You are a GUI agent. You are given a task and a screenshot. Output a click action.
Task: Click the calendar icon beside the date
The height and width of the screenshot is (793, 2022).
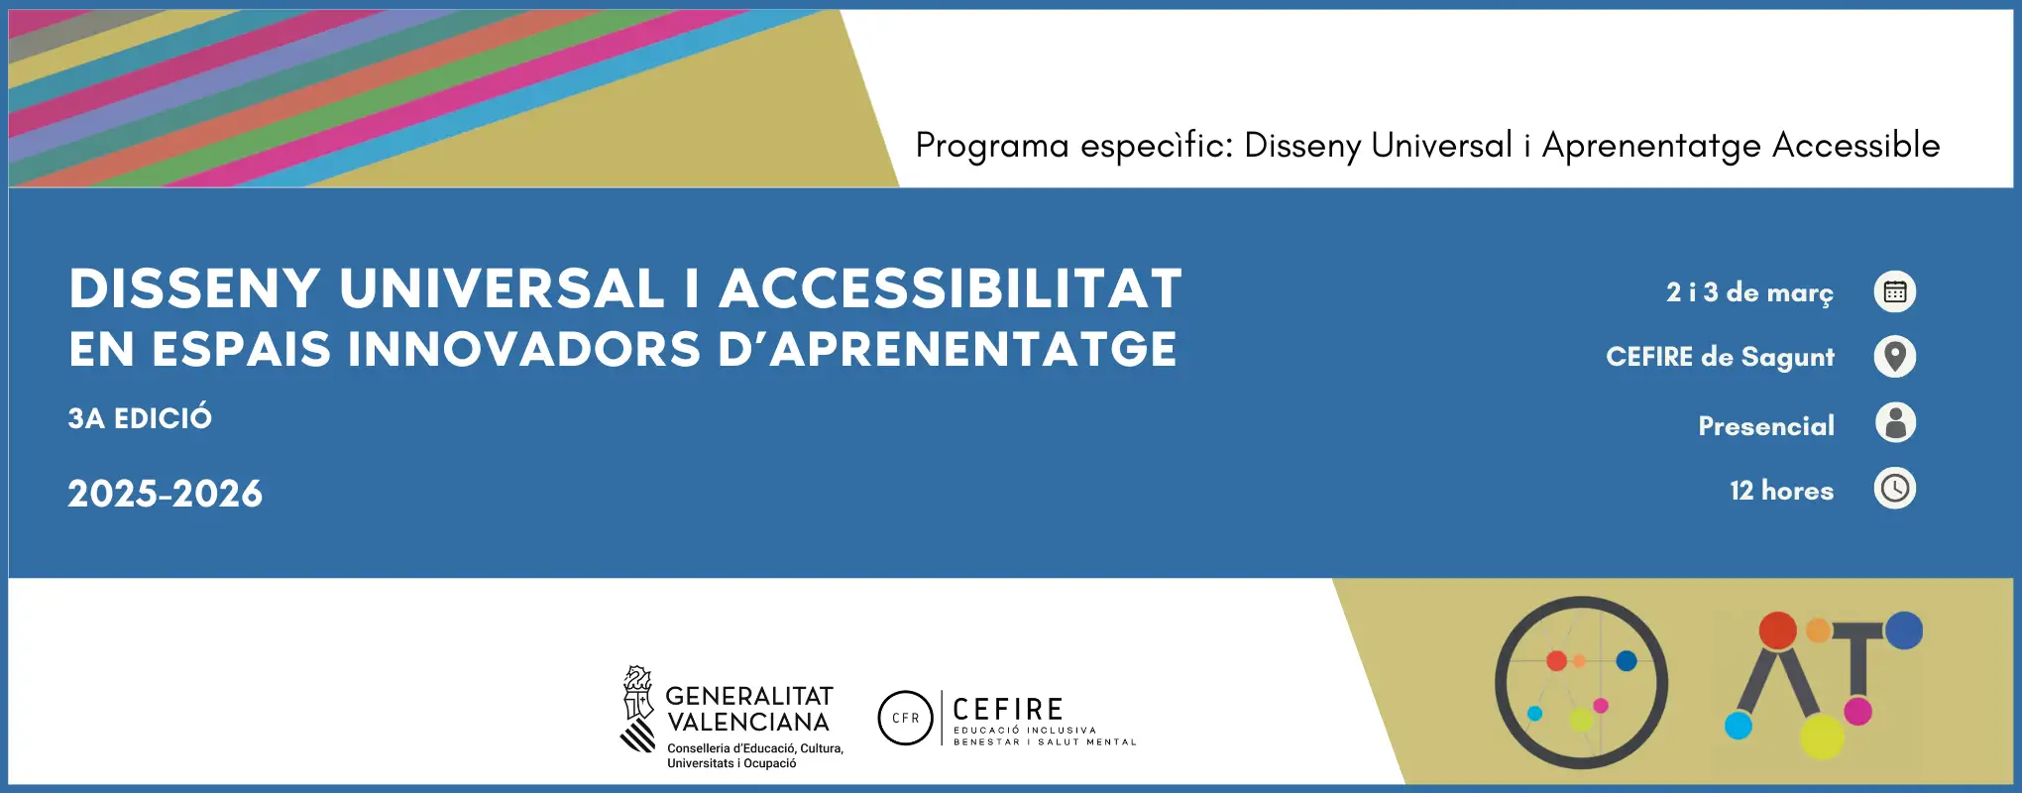pyautogui.click(x=1895, y=291)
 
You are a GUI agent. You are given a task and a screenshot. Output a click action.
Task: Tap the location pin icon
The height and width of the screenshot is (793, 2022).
pyautogui.click(x=1895, y=357)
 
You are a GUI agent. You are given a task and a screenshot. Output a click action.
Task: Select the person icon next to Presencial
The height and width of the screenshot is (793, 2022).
pyautogui.click(x=1895, y=422)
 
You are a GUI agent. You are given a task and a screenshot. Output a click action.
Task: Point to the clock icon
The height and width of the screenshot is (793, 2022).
pyautogui.click(x=1895, y=489)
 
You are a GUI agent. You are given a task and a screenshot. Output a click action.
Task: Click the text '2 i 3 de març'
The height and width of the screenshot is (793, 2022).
pyautogui.click(x=1749, y=293)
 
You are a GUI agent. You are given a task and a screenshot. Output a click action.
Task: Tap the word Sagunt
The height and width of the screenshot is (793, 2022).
pyautogui.click(x=1788, y=358)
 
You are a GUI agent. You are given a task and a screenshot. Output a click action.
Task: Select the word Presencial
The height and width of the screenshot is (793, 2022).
pyautogui.click(x=1766, y=426)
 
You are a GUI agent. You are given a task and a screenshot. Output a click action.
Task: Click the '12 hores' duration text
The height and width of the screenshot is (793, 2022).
pyautogui.click(x=1781, y=491)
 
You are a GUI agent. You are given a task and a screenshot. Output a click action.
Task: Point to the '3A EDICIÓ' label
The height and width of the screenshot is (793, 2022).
pyautogui.click(x=140, y=417)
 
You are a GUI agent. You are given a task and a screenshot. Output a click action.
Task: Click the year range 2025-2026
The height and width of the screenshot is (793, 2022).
pyautogui.click(x=166, y=494)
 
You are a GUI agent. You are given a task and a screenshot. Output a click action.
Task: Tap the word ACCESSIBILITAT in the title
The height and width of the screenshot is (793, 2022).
pyautogui.click(x=951, y=288)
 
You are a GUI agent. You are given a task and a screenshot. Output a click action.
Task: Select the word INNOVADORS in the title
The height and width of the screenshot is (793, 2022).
pyautogui.click(x=523, y=350)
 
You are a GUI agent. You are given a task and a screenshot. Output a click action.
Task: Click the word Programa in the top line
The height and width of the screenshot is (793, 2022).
pyautogui.click(x=992, y=147)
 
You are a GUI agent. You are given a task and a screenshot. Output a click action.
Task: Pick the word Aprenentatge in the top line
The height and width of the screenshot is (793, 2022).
pyautogui.click(x=1650, y=147)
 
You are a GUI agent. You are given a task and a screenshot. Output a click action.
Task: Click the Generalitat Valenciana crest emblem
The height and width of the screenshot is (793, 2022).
pyautogui.click(x=638, y=709)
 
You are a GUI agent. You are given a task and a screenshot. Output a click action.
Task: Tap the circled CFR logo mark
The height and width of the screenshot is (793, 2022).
pyautogui.click(x=906, y=718)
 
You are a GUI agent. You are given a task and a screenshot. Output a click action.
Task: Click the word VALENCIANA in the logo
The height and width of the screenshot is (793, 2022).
pyautogui.click(x=748, y=723)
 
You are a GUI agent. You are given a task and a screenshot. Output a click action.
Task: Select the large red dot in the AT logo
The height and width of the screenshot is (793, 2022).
pyautogui.click(x=1777, y=630)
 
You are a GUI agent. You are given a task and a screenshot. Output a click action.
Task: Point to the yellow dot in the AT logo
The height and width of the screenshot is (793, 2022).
pyautogui.click(x=1822, y=736)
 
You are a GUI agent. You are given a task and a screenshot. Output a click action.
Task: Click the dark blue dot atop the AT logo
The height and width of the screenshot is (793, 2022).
pyautogui.click(x=1904, y=630)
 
